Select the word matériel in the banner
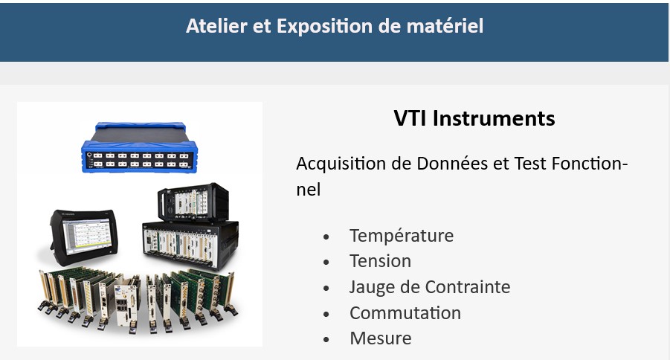tap(445, 26)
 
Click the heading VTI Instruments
tap(474, 118)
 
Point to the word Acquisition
tap(341, 164)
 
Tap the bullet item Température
tap(402, 236)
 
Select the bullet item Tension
tap(380, 261)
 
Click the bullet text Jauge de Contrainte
tap(430, 287)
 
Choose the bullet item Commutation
tap(405, 313)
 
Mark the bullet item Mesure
tap(380, 338)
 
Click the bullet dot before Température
tap(326, 237)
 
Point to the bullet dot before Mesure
tap(326, 339)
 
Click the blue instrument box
tap(139, 147)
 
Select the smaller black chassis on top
tap(193, 202)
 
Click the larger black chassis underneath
tap(190, 245)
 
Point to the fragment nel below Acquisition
tap(308, 190)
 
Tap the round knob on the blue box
tap(89, 155)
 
